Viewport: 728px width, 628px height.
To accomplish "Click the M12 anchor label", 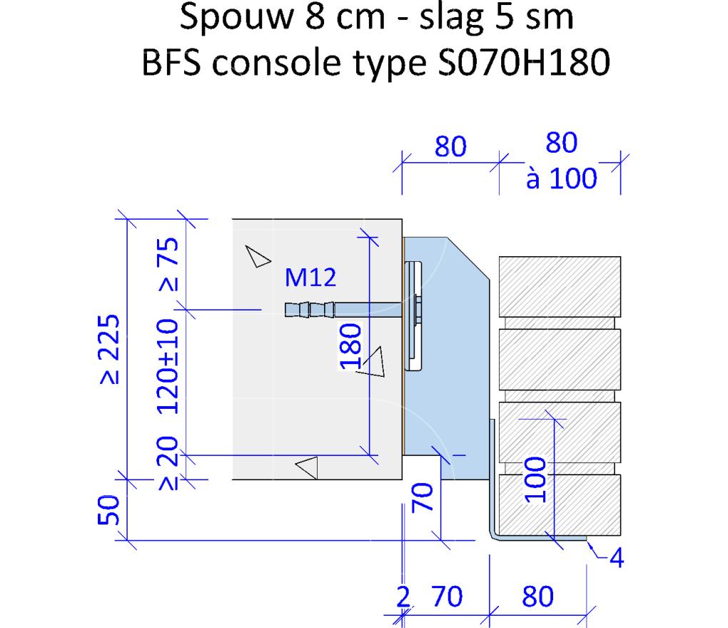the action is [310, 278].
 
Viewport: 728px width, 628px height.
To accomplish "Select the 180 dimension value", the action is [350, 346].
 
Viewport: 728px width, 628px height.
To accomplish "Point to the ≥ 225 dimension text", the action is [110, 349].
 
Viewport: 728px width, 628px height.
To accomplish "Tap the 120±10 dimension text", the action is [168, 366].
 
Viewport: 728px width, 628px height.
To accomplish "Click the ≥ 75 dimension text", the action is [168, 264].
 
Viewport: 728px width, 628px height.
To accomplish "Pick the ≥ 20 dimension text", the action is [168, 462].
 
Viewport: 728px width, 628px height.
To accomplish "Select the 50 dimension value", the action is [108, 510].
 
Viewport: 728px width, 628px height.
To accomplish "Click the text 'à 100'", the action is [561, 178].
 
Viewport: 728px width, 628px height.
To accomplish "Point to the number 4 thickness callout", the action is [617, 557].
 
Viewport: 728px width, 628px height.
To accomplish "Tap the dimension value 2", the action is [403, 597].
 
